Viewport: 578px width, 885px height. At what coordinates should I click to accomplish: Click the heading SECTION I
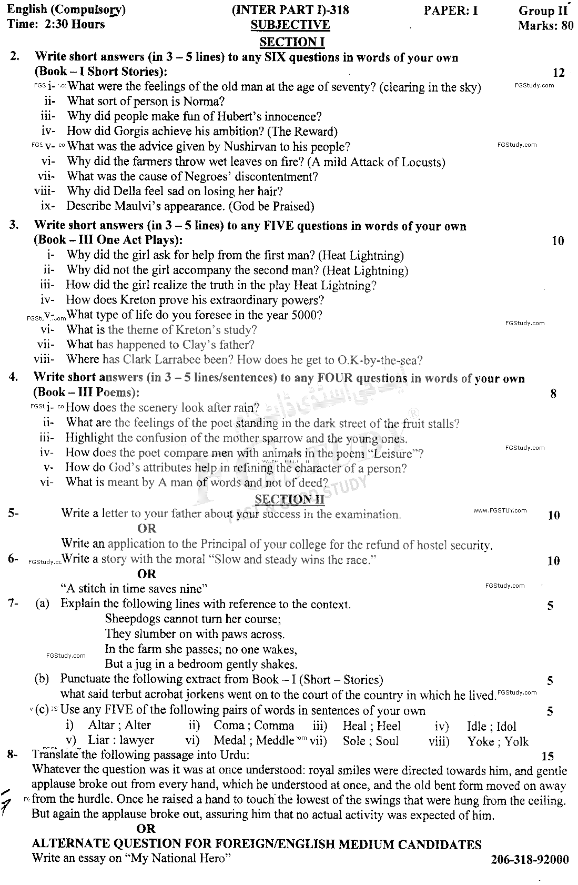tap(292, 42)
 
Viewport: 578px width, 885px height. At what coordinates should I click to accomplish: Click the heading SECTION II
tap(289, 499)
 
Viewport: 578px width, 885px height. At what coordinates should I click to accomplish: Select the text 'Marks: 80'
tap(545, 25)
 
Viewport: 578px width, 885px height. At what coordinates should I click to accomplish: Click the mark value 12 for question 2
tap(558, 73)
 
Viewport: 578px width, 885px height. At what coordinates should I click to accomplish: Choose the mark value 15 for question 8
tap(547, 756)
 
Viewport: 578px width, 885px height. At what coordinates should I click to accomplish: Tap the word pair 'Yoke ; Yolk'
tap(498, 741)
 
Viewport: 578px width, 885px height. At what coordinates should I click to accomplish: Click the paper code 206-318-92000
tap(530, 860)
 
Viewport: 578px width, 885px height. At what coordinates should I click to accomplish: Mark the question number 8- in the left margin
tap(13, 755)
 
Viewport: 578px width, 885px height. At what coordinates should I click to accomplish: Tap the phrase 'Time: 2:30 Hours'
tap(56, 24)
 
